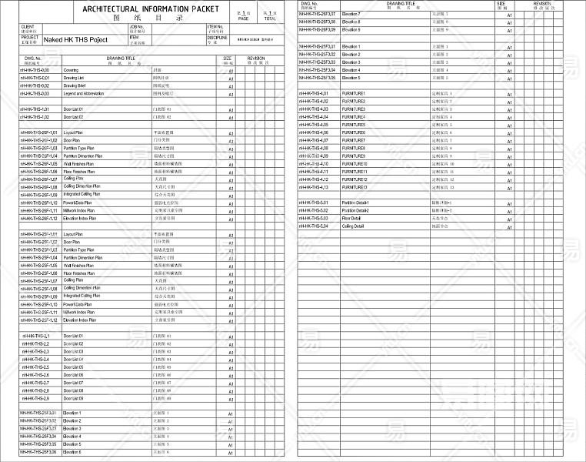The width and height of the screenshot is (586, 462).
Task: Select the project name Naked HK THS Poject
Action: coord(76,38)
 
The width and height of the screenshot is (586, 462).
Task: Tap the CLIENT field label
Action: coord(28,26)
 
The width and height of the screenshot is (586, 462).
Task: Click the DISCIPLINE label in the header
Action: coord(218,37)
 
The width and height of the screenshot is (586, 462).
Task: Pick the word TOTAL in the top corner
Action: coord(270,18)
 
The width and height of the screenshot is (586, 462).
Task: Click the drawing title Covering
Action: coord(71,70)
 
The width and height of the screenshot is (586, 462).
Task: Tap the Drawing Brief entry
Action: coord(75,85)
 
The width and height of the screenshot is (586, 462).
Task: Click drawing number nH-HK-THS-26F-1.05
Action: coord(38,164)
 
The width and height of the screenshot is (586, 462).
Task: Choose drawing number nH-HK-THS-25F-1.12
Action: coord(38,320)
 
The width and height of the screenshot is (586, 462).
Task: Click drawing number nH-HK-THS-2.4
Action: coord(35,360)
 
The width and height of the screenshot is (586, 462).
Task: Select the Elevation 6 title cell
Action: coord(72,452)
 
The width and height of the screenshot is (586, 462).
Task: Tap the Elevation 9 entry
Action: coord(351,30)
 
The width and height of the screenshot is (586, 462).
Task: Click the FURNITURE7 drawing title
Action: coord(354,140)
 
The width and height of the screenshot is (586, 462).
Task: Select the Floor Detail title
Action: coord(351,219)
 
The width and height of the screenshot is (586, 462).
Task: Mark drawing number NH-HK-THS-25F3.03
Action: coord(317,62)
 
